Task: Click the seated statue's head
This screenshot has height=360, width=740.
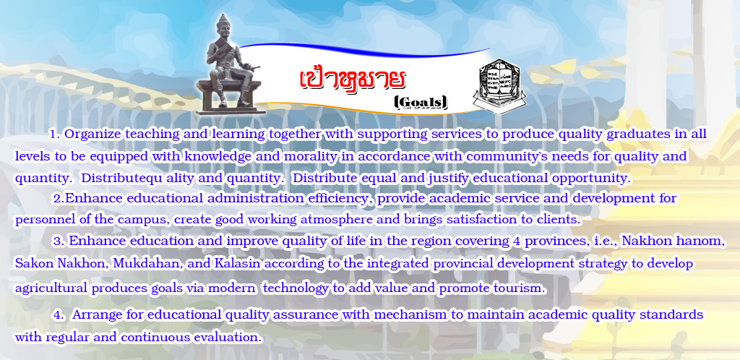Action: pos(222,29)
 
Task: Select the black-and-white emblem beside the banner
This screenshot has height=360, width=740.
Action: pos(499,86)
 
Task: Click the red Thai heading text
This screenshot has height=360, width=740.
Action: pos(352,80)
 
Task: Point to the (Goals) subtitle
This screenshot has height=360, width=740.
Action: pos(421,102)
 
